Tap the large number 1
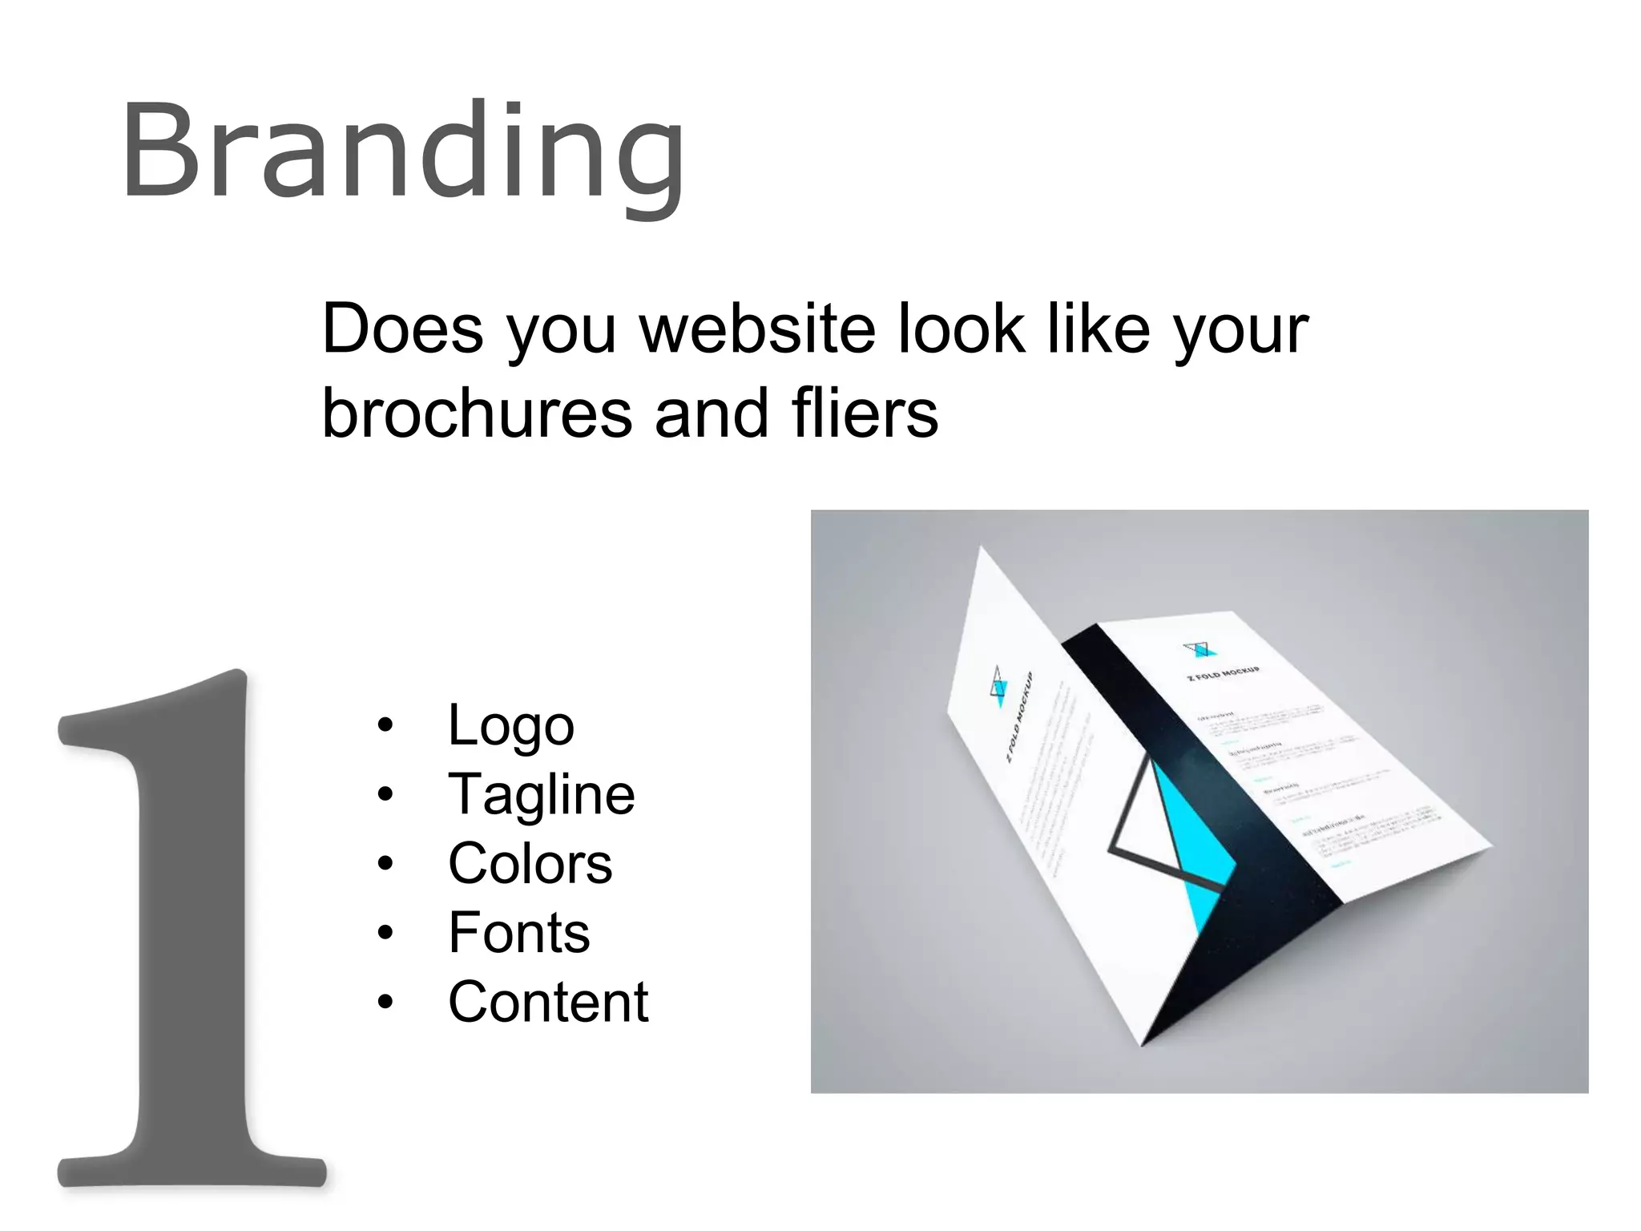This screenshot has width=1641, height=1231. pos(192,930)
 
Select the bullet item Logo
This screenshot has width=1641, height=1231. pos(510,725)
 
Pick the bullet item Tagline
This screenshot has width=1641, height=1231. pos(542,795)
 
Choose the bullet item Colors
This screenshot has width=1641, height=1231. pos(530,864)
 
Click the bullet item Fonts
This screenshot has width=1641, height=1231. pos(518,933)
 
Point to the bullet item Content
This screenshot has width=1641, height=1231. pos(548,1002)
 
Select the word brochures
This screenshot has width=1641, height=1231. pos(478,414)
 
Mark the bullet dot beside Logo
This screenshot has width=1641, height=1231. pos(385,725)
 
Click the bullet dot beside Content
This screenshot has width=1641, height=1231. pos(385,1002)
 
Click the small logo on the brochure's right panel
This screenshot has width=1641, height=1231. pos(1200,648)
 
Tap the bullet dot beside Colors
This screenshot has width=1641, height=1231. pos(385,864)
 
